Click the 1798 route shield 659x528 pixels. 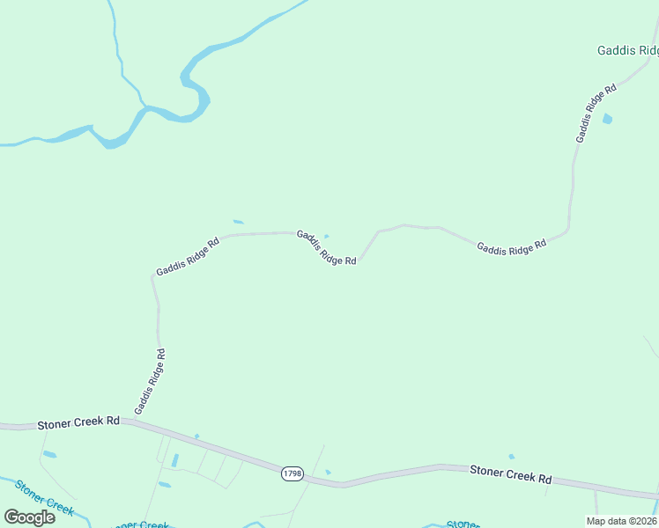(x=292, y=473)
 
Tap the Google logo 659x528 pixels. (x=29, y=517)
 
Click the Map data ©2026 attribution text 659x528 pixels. (x=622, y=521)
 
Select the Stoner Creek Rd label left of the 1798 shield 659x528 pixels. (x=78, y=423)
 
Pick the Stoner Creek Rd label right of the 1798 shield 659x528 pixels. (x=510, y=474)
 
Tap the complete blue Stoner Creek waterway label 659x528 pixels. (x=44, y=497)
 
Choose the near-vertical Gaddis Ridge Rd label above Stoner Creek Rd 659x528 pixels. (x=150, y=382)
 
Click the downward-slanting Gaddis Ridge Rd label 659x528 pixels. (x=326, y=247)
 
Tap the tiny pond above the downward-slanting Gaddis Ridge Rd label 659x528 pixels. (x=327, y=236)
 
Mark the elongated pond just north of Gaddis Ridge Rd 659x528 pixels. (x=238, y=222)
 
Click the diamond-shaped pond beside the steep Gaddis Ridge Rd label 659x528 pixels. (x=607, y=119)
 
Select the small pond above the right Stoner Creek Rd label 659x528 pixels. (x=511, y=457)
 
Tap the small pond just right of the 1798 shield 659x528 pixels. (x=328, y=473)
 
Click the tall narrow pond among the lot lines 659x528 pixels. (x=174, y=460)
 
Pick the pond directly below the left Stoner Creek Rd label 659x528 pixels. (x=49, y=455)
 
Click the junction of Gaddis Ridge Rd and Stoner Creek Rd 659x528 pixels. (x=130, y=422)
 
